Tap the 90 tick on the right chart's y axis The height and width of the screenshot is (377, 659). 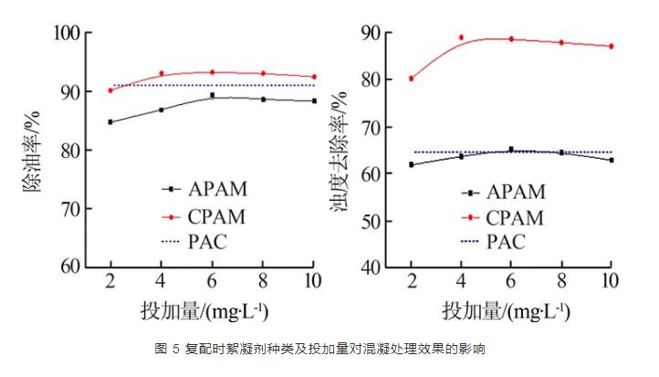(371, 33)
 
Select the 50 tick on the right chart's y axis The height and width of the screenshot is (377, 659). (371, 221)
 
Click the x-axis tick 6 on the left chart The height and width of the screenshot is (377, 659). (213, 279)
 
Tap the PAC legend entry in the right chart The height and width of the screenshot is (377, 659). (506, 242)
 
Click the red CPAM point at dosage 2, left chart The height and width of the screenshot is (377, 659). (110, 90)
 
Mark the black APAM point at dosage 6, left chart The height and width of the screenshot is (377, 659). (213, 95)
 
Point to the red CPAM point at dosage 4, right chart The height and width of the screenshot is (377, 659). (461, 37)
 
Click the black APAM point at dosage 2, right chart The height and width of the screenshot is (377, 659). (412, 164)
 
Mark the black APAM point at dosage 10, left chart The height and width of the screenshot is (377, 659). (314, 100)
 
